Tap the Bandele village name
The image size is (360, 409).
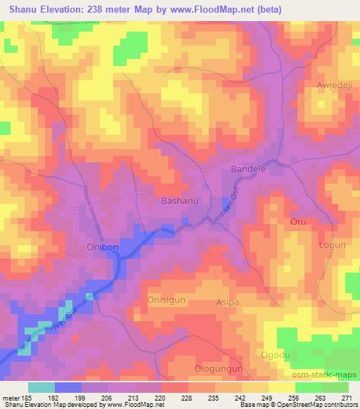coord(250,170)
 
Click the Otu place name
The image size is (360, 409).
coord(298,221)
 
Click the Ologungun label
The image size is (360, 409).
coord(218,368)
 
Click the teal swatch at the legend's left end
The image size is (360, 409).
coord(41,387)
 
